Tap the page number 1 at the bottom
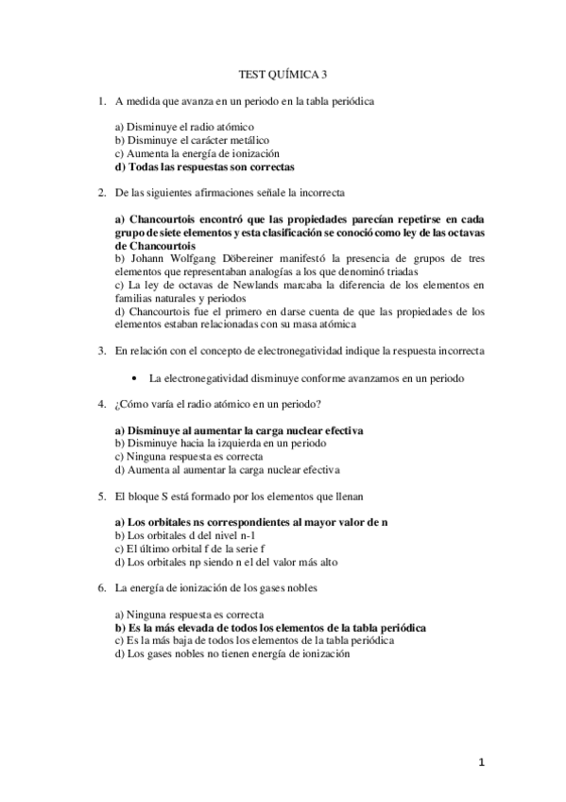click(x=480, y=762)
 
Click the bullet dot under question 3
click(x=137, y=377)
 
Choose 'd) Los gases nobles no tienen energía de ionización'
click(x=232, y=652)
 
